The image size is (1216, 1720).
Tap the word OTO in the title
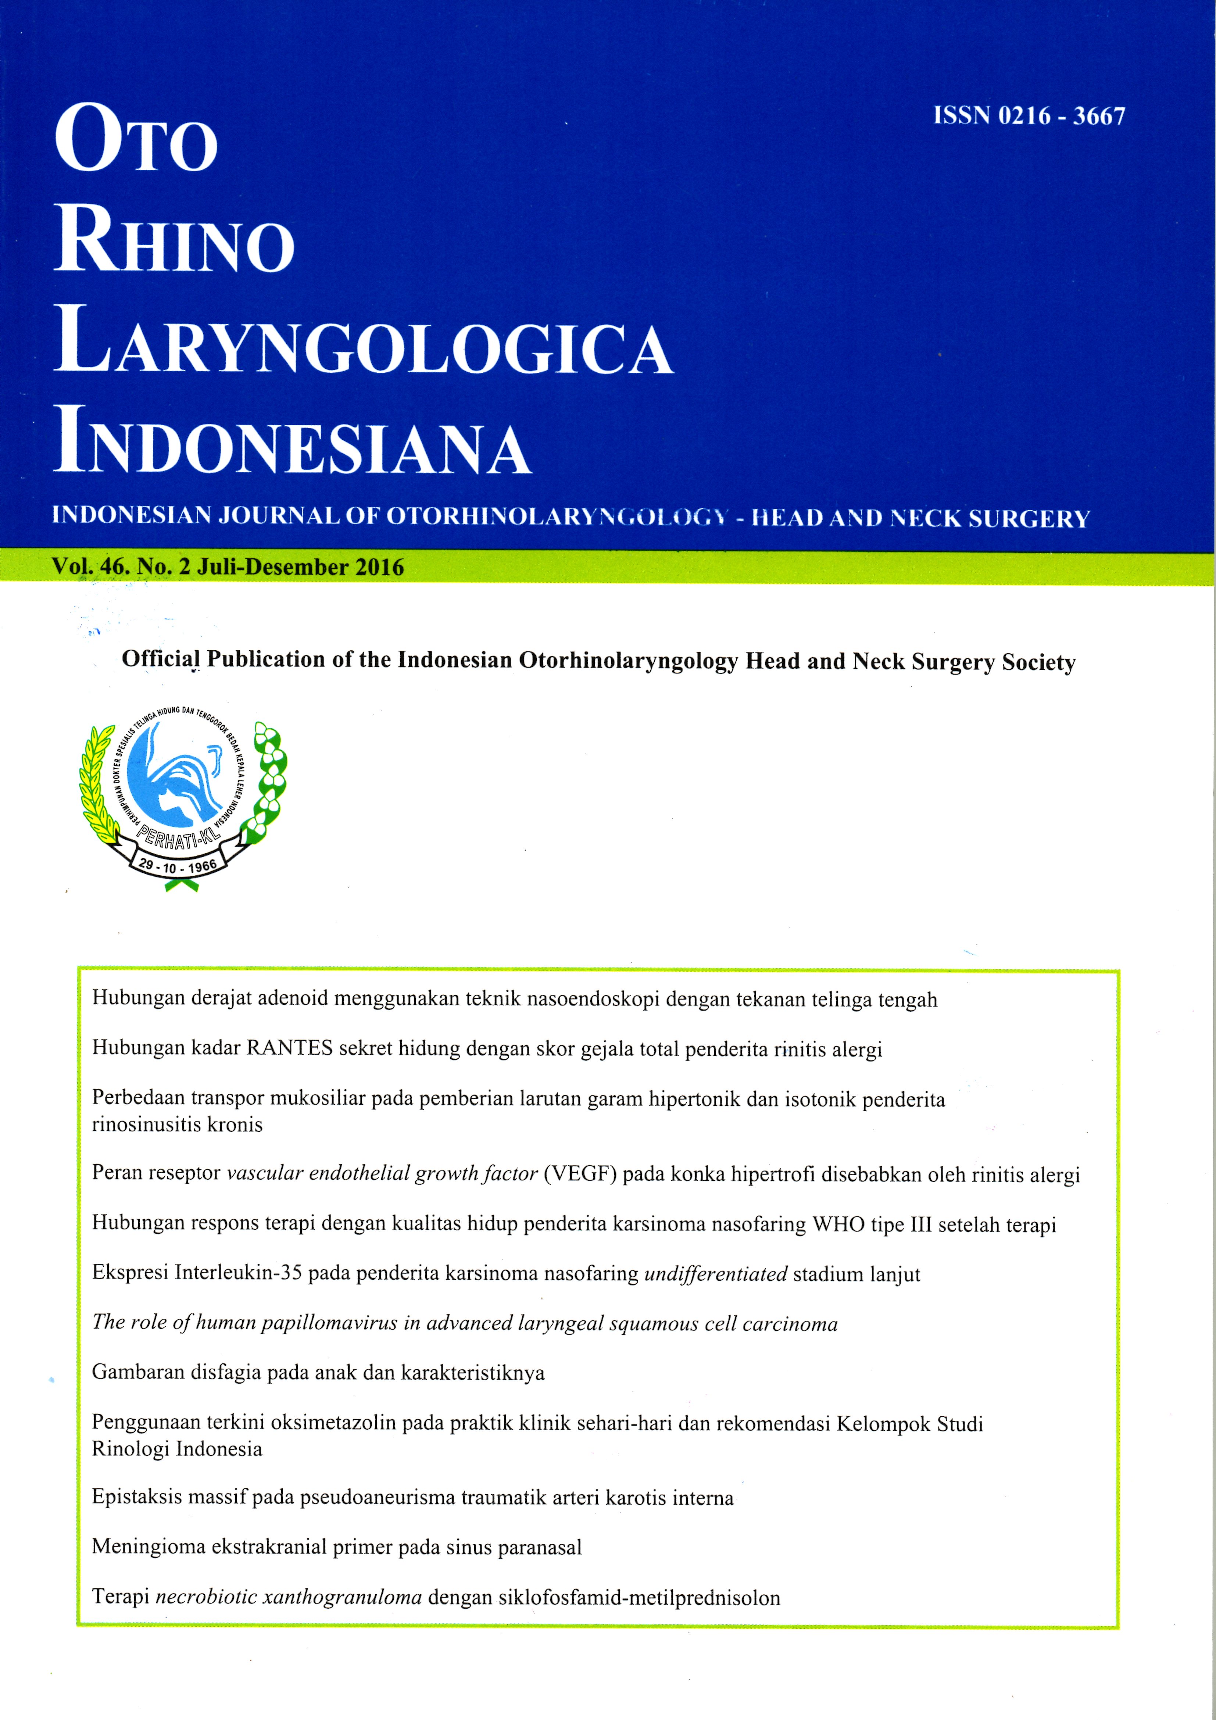136,139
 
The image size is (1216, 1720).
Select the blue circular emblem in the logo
176,779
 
